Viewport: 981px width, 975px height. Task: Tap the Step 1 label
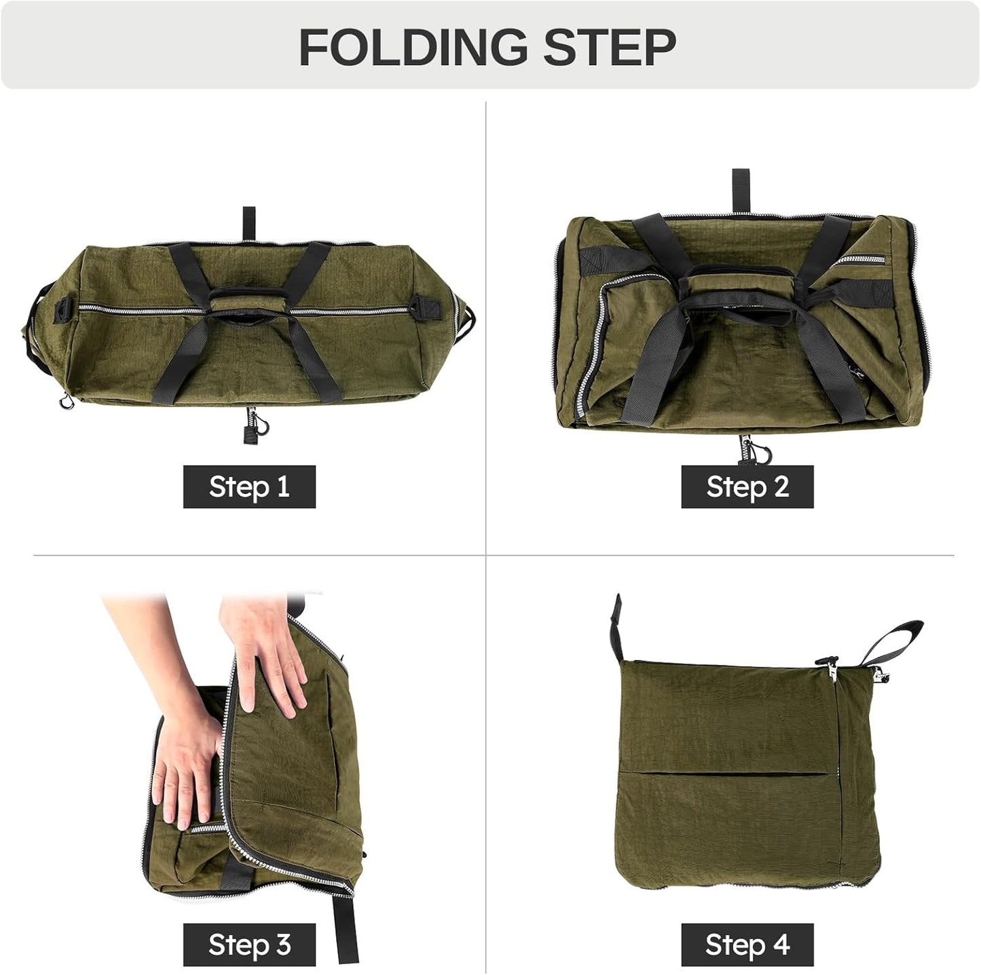point(249,486)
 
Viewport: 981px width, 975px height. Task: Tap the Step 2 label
point(747,486)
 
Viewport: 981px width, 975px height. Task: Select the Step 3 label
point(249,944)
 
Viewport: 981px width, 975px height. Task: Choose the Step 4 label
point(747,944)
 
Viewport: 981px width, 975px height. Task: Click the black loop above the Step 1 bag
point(248,223)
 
